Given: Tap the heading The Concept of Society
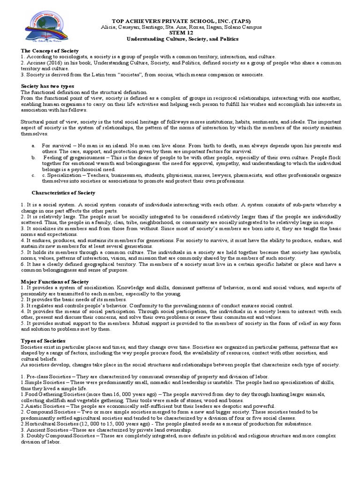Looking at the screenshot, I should click(x=50, y=50).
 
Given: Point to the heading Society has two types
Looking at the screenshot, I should click(x=48, y=87).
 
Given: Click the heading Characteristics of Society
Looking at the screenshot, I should click(x=63, y=193).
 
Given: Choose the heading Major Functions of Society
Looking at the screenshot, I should click(x=55, y=281).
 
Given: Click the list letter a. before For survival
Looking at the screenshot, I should click(x=33, y=146).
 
